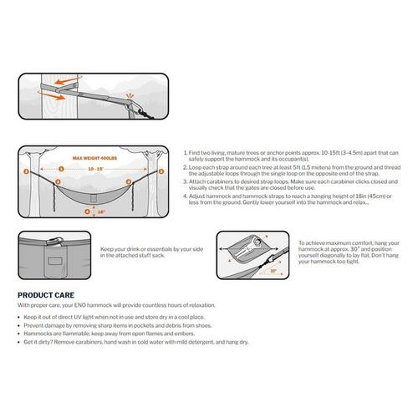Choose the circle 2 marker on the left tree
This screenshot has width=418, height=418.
coord(28,171)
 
